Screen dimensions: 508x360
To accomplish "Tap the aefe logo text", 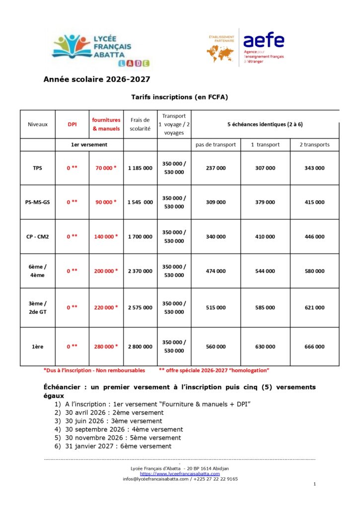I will [264, 40].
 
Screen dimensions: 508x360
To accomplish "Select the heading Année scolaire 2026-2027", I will [96, 79].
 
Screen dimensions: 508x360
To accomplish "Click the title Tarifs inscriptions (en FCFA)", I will [179, 97].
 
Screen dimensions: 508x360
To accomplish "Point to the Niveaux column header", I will [38, 124].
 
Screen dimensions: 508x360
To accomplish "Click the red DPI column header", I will [72, 124].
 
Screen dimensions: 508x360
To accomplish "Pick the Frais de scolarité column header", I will [140, 124].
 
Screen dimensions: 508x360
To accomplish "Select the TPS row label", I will [38, 168].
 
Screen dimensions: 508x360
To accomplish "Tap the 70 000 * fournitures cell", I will [106, 168].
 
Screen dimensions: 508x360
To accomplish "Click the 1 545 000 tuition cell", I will [140, 202].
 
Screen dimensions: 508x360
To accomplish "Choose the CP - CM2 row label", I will [38, 237].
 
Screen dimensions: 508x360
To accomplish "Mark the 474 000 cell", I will [216, 271].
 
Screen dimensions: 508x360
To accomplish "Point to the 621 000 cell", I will [314, 308].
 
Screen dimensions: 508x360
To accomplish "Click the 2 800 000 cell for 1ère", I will [140, 347].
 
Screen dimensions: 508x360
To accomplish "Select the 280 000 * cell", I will [106, 347].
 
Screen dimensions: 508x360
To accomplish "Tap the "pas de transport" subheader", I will [216, 144].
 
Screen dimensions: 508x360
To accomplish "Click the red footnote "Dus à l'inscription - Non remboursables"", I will [94, 370].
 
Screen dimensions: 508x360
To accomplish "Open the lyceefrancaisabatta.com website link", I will [180, 474].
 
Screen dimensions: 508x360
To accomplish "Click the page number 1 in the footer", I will [315, 484].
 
